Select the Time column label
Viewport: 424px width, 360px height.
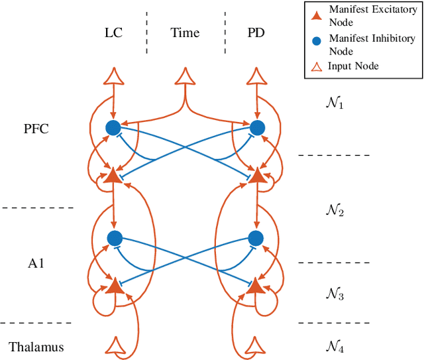(185, 32)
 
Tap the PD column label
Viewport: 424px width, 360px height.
(256, 32)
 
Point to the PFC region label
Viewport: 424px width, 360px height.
(35, 129)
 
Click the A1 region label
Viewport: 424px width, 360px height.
(37, 263)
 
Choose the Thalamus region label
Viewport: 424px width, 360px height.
(36, 347)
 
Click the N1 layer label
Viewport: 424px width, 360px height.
(335, 103)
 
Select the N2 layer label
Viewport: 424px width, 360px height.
(335, 210)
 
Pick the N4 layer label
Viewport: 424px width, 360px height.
(335, 345)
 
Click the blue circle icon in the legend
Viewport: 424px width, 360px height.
(316, 40)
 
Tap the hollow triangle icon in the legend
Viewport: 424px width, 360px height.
(316, 66)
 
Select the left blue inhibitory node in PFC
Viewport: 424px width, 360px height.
(114, 128)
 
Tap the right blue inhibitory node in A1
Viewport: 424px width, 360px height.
(256, 237)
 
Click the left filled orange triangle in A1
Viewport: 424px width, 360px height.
(115, 286)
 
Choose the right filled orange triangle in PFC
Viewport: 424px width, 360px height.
(256, 175)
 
